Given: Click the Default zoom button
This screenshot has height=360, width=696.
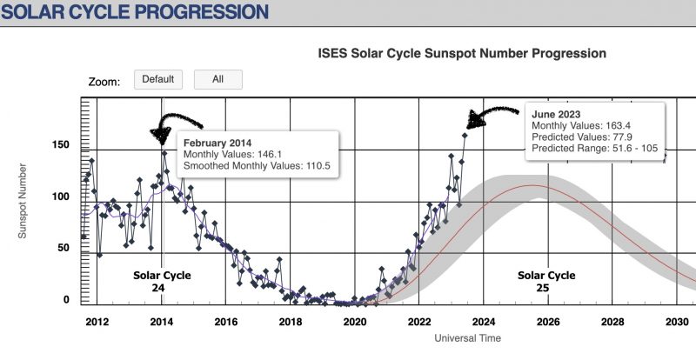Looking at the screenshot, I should coord(158,79).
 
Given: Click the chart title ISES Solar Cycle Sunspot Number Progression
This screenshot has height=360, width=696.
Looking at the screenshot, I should coord(462,54).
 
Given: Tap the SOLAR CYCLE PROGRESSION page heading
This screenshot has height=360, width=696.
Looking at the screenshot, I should coord(134,13).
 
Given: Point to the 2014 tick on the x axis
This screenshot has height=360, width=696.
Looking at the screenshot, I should coord(161,320).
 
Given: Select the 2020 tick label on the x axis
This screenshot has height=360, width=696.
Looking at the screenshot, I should coord(354,320).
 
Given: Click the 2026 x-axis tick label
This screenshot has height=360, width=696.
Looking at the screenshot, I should coord(547,320).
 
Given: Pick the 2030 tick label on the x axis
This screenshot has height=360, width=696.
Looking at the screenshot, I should coord(676,320).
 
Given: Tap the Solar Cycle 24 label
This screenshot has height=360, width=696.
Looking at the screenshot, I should coord(161,281).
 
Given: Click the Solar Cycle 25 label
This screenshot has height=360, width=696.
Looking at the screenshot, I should coord(546,281).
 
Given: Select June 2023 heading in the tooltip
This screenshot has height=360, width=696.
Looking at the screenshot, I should coord(559,114).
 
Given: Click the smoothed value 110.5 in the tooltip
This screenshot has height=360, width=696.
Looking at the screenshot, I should coord(318,165).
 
